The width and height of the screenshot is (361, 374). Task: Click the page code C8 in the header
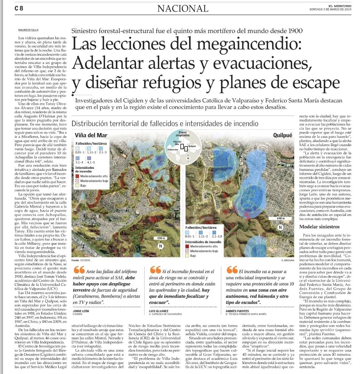[x=19, y=9]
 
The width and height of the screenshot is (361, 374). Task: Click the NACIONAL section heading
[x=183, y=8]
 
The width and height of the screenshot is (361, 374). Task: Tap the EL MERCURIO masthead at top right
[x=340, y=6]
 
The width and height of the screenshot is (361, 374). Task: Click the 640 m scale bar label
[x=280, y=218]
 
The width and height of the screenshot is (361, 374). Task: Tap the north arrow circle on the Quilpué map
[x=280, y=227]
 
